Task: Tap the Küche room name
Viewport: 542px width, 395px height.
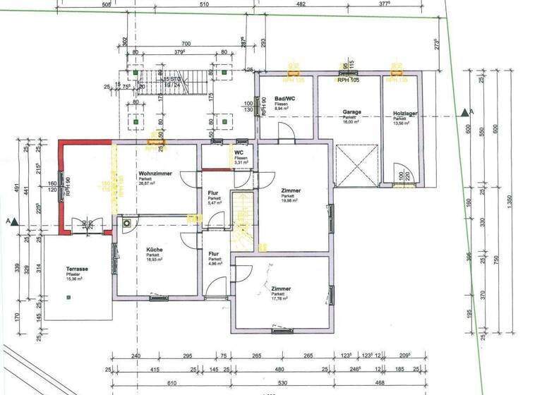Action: tap(155, 250)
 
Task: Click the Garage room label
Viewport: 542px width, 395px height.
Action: tap(352, 112)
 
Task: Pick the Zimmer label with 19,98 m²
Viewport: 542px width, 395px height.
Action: tap(291, 192)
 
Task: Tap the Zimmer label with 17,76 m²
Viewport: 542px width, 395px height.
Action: tap(281, 289)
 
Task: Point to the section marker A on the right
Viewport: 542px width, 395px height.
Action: tap(464, 112)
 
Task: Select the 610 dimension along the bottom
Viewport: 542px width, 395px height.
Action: tap(171, 382)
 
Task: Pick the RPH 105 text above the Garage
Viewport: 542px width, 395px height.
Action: tap(348, 80)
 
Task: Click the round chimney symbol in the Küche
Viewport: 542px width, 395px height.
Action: tap(126, 223)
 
